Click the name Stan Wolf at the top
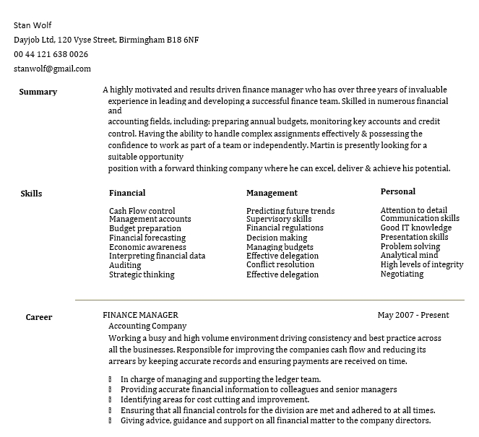33,25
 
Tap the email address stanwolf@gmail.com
52,69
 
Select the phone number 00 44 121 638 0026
51,54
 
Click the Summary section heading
38,92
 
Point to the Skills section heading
31,194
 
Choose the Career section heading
39,317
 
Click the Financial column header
127,193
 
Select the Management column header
272,193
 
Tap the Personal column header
398,191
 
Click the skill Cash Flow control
142,211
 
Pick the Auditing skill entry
125,265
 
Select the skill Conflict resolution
280,264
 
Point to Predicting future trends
290,211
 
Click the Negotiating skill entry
402,274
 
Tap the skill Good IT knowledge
416,228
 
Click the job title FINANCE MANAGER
140,315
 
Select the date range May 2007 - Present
413,315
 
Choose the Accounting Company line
147,326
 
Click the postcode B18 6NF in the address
183,40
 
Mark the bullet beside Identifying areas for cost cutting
111,399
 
